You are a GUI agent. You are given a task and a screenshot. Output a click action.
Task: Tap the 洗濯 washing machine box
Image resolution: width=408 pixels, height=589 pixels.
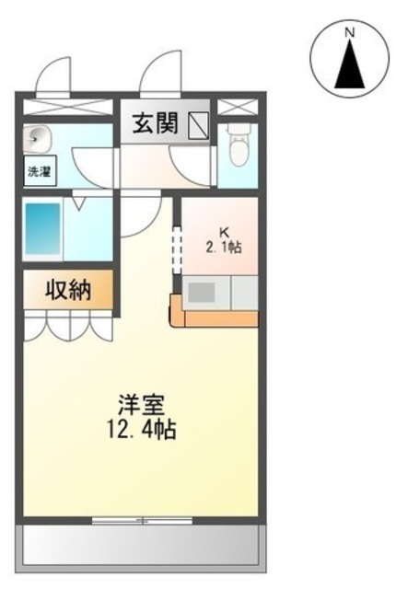pos(41,171)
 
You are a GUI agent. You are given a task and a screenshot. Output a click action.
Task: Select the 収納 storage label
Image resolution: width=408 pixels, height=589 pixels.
pos(68,290)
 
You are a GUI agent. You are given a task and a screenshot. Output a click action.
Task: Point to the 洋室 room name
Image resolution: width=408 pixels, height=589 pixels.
pos(142,405)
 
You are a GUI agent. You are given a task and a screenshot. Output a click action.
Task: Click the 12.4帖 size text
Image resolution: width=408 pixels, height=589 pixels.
pos(142,430)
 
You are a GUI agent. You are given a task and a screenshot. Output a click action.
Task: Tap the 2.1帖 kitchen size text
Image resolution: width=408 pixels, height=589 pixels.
pos(224,248)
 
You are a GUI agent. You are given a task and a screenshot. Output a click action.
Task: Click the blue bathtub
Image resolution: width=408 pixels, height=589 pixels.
pos(43,229)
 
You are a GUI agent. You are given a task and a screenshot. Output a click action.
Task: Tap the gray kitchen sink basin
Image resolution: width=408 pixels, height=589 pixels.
pos(201,293)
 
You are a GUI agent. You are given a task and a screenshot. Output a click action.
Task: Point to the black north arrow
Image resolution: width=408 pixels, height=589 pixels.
pos(350,64)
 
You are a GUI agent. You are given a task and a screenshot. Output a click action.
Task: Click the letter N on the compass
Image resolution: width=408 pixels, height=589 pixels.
pos(350,33)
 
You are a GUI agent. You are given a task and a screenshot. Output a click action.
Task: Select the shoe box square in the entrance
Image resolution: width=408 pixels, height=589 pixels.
pos(198,125)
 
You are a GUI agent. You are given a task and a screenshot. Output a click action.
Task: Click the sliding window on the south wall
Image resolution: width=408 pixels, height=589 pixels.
pos(142,521)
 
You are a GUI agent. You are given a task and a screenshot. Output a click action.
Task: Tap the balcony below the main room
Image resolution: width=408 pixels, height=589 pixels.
pos(141,549)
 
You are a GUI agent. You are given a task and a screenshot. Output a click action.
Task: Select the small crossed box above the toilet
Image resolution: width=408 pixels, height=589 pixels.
pos(238,108)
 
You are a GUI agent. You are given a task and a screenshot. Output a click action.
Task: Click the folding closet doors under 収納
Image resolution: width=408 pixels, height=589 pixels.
pos(68,326)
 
